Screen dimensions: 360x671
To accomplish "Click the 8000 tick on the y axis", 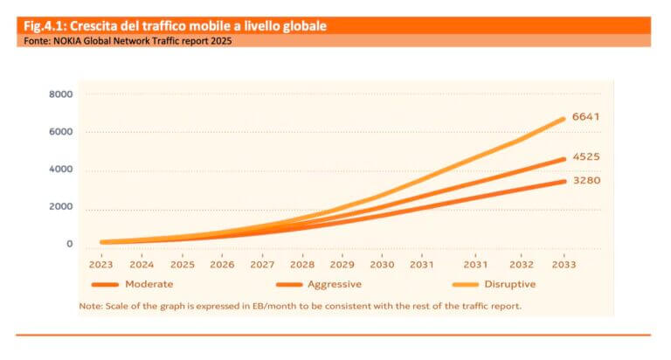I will (x=61, y=94).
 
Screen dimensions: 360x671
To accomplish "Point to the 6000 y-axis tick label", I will (x=61, y=132).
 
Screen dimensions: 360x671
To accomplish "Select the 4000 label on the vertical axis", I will (x=61, y=170).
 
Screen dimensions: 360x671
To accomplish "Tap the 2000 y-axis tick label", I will (x=61, y=207).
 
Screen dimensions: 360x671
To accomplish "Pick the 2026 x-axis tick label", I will (x=223, y=264).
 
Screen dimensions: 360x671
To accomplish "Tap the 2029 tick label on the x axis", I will (x=342, y=264).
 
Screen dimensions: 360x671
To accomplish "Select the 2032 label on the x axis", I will (x=522, y=264).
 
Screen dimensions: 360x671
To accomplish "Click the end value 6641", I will (x=585, y=117).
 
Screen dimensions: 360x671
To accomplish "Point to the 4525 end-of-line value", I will (x=585, y=157).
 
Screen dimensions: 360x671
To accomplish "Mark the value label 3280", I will (x=585, y=181).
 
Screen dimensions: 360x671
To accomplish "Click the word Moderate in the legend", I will (x=149, y=284).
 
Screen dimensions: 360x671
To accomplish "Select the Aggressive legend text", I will (x=335, y=284).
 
